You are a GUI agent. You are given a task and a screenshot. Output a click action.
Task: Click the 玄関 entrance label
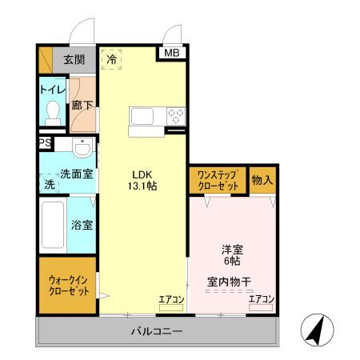74,59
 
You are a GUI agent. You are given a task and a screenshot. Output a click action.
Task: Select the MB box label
172,54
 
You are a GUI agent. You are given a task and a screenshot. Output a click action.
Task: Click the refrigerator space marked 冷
112,59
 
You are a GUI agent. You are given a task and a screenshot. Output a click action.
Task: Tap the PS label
44,143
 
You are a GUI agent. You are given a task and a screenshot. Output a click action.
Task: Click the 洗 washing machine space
49,183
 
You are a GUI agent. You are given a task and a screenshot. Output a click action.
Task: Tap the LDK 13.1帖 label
143,180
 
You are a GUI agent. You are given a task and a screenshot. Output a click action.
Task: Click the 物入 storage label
262,180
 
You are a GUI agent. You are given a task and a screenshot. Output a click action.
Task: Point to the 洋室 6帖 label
233,254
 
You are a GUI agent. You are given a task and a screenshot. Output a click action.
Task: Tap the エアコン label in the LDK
171,299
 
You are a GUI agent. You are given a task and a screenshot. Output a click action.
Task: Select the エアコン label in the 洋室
262,299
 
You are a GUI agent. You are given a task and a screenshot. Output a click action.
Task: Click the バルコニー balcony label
158,331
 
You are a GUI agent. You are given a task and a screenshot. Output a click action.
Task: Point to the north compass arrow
314,330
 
